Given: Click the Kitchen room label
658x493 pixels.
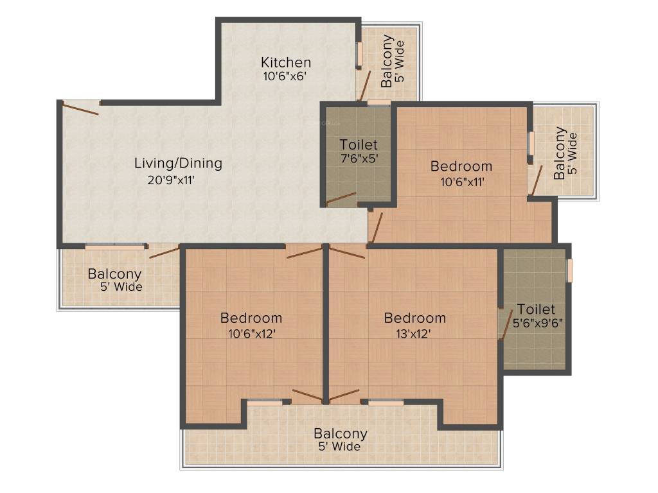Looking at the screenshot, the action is pyautogui.click(x=286, y=62).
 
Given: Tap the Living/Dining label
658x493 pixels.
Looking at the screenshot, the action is pyautogui.click(x=178, y=163).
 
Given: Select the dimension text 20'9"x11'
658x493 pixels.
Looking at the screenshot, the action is pyautogui.click(x=171, y=180).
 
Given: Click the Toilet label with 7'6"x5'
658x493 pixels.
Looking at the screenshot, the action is pyautogui.click(x=359, y=144).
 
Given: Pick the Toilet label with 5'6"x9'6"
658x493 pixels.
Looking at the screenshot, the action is pyautogui.click(x=536, y=309).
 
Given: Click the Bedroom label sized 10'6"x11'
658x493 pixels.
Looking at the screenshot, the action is pyautogui.click(x=461, y=166).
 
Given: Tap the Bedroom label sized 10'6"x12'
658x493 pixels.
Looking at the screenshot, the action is pyautogui.click(x=251, y=318).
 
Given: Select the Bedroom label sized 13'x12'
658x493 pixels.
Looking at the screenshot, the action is pyautogui.click(x=415, y=318).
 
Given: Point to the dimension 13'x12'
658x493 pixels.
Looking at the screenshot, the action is pyautogui.click(x=414, y=334).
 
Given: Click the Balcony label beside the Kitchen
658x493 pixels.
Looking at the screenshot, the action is pyautogui.click(x=387, y=61).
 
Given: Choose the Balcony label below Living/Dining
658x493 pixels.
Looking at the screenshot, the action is pyautogui.click(x=114, y=274).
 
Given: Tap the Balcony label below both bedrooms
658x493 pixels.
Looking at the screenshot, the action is pyautogui.click(x=341, y=433).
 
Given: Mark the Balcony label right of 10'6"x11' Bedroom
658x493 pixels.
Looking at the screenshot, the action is pyautogui.click(x=560, y=153).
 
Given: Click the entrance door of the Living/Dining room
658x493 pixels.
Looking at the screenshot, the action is pyautogui.click(x=80, y=108).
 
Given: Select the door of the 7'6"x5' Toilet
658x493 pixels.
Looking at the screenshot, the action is pyautogui.click(x=341, y=199).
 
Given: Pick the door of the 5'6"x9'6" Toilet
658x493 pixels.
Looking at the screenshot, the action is pyautogui.click(x=506, y=324).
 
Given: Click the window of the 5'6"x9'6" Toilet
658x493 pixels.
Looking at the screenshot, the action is pyautogui.click(x=570, y=270).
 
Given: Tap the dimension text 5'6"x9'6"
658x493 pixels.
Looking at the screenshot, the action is pyautogui.click(x=538, y=324).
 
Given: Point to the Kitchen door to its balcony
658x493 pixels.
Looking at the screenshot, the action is pyautogui.click(x=365, y=86).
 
